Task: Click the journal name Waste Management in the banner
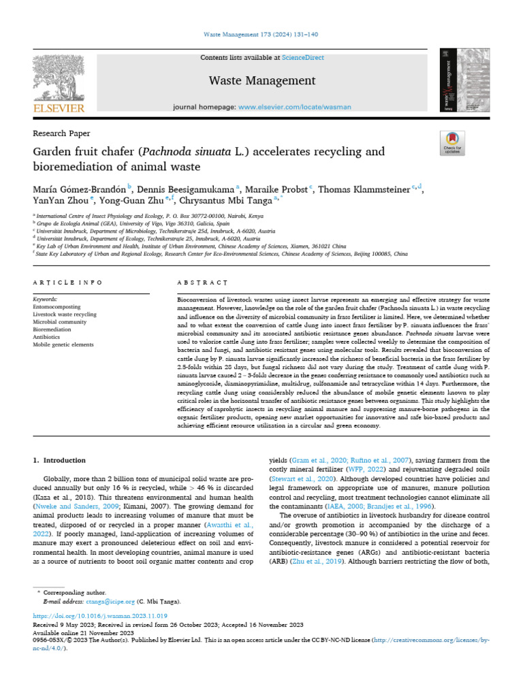click(261, 81)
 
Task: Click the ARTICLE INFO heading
click(67, 282)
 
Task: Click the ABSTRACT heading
click(201, 282)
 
